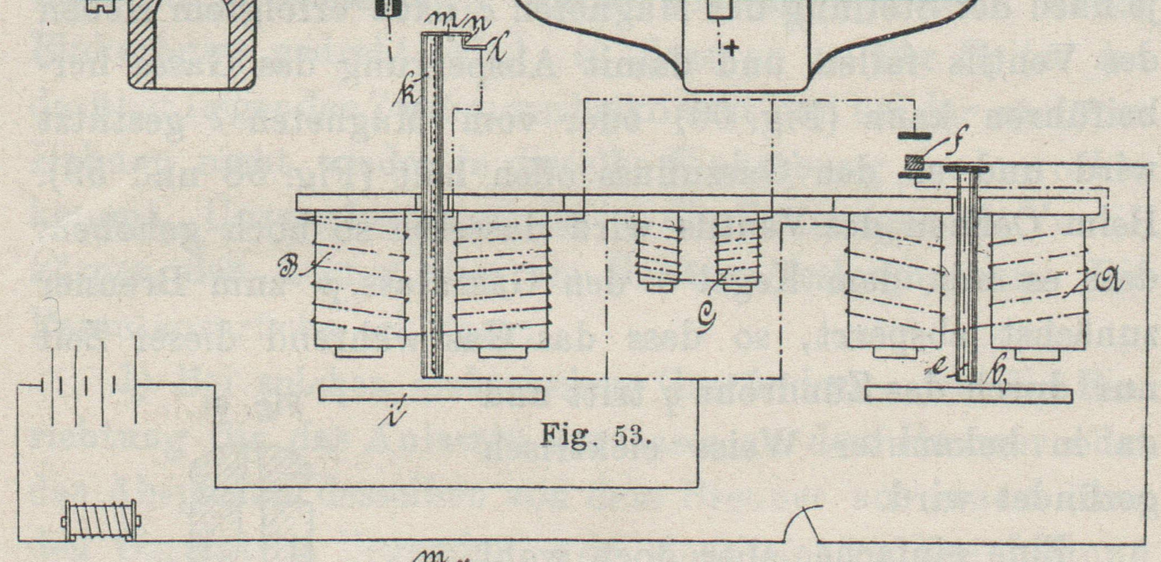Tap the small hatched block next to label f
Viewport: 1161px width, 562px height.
[x=914, y=162]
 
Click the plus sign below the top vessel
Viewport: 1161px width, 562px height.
[x=731, y=48]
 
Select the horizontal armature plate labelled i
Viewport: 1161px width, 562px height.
[x=431, y=393]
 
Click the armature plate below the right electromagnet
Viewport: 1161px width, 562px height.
[x=968, y=396]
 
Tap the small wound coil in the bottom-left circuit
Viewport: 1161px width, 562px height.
[x=101, y=520]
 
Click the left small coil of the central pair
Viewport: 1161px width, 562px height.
[x=658, y=250]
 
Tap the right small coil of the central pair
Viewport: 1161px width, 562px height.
[x=738, y=250]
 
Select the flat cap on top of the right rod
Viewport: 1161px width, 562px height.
[x=966, y=169]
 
